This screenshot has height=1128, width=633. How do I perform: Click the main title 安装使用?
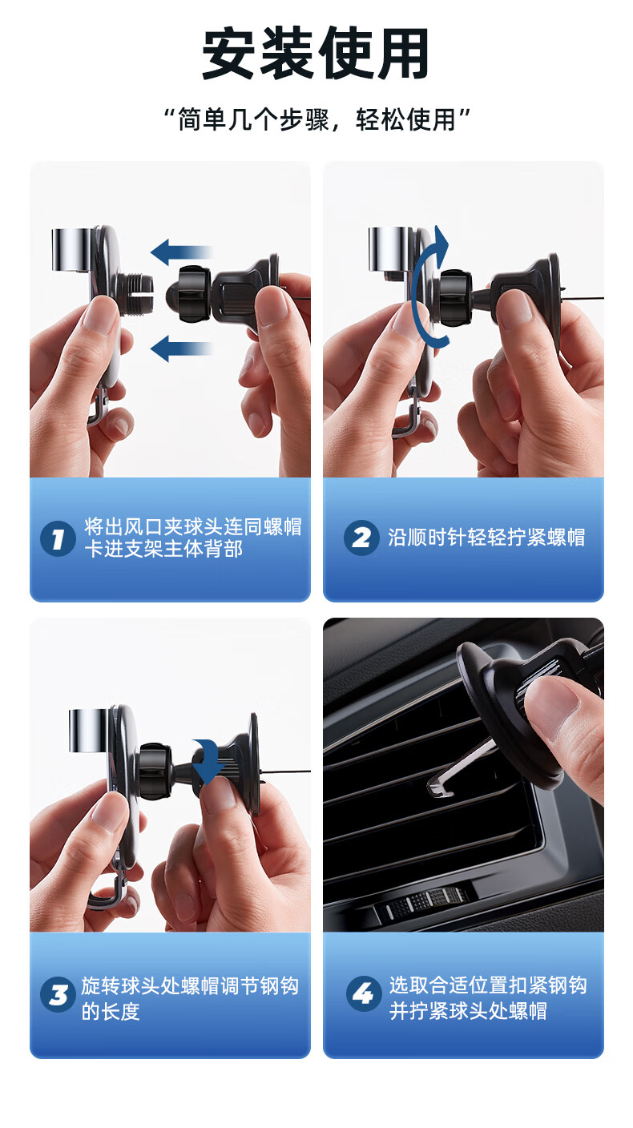click(316, 54)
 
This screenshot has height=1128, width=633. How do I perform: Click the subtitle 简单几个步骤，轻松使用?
click(317, 120)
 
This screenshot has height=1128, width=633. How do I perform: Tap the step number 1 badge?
click(58, 538)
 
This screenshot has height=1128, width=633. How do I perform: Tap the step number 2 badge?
click(361, 538)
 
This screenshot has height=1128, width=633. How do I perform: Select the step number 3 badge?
click(58, 994)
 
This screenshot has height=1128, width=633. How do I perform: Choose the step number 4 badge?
click(364, 993)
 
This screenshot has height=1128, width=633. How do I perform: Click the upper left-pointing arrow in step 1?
click(181, 252)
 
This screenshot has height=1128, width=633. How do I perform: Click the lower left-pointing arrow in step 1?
click(181, 349)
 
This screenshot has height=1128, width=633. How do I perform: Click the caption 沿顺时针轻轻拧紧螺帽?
click(486, 538)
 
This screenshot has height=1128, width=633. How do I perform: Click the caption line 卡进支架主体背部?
click(163, 549)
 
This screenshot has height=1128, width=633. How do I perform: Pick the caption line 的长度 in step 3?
click(111, 1011)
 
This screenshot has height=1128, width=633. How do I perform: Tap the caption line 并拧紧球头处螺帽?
click(468, 1011)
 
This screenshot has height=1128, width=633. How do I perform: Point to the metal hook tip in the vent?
click(438, 790)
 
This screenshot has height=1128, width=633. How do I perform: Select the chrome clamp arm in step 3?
click(89, 730)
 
